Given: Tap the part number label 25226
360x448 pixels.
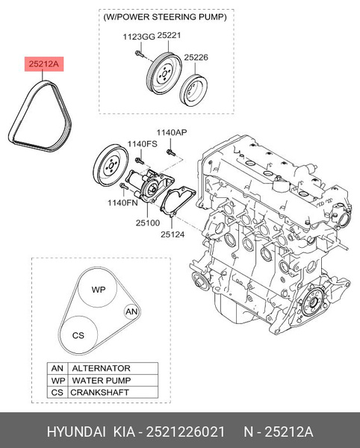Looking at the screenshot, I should tap(196, 56).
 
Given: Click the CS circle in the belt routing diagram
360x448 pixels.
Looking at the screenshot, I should tap(78, 335).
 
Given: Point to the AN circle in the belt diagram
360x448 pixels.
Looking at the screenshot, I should tap(131, 311).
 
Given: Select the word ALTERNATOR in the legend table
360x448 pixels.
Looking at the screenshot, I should tap(100, 368).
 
